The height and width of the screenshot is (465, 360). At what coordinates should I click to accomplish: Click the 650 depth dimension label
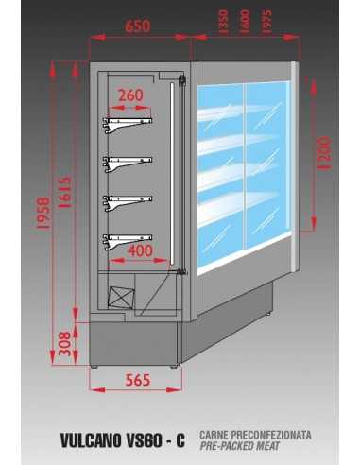[138, 26]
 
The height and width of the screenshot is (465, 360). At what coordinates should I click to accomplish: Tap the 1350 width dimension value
[223, 21]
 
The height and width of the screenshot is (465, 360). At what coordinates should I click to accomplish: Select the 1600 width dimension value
[245, 21]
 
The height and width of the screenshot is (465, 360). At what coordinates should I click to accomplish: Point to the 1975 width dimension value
[266, 21]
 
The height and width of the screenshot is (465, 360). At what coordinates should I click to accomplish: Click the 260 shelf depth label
[130, 95]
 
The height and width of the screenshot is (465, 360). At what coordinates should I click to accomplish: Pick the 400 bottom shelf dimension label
[140, 250]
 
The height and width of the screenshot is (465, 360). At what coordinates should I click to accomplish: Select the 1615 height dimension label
[65, 192]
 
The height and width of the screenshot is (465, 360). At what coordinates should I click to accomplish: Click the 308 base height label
[65, 343]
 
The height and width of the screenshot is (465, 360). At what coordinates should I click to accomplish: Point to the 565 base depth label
[138, 380]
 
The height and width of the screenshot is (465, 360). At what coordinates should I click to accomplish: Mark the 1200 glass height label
[324, 153]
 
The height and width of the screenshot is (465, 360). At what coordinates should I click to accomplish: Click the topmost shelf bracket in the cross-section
[128, 125]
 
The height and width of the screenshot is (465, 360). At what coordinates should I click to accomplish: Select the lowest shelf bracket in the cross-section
[128, 242]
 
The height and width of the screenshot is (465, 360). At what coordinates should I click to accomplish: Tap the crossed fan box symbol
[121, 297]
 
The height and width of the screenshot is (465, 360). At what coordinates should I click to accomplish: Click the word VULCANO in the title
[91, 440]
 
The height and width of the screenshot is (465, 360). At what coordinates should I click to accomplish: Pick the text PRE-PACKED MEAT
[240, 446]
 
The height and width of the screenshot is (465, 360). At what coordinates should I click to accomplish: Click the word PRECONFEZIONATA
[271, 435]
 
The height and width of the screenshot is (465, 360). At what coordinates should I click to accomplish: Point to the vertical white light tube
[172, 174]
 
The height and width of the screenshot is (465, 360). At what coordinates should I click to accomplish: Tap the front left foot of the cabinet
[94, 367]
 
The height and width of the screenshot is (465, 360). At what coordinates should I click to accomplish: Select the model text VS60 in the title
[144, 440]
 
